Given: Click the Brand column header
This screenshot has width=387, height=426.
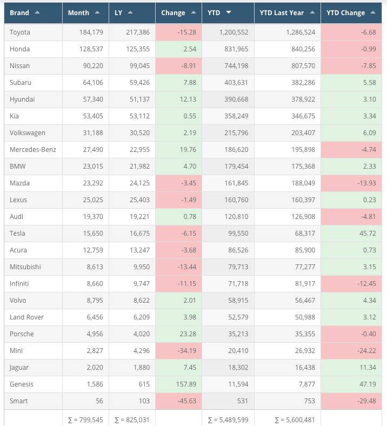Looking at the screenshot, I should point(19,12).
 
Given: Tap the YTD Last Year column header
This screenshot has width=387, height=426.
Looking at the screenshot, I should point(281,12).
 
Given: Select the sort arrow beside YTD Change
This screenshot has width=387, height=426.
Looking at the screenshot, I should point(373,12).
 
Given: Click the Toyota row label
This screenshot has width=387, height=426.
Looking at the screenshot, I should point(20,32).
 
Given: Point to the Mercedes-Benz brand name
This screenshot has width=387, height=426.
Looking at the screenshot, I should point(32,150).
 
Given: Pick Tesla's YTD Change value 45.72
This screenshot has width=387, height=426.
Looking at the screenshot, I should point(368,234).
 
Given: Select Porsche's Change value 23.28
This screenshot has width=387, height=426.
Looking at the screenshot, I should point(186,334).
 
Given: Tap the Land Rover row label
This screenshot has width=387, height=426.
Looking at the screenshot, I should point(26,317).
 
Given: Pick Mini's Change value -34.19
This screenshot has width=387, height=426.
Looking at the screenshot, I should point(185,351).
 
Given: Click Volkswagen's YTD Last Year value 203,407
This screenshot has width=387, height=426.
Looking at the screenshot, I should point(303,133).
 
